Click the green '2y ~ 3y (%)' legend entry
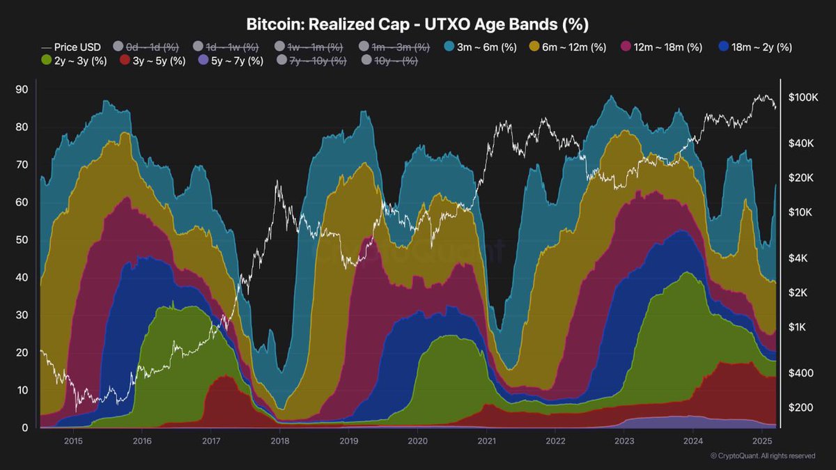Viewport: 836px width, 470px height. click(x=75, y=61)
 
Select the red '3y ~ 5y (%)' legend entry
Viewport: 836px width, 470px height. click(x=153, y=61)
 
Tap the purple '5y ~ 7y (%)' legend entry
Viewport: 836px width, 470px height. click(x=231, y=61)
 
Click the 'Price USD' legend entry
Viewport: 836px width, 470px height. click(x=71, y=47)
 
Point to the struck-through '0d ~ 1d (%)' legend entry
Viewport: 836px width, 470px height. click(x=147, y=47)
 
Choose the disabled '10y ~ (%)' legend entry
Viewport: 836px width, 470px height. click(x=391, y=61)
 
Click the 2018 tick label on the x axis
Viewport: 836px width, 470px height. click(x=279, y=441)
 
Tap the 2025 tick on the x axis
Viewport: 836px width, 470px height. click(x=762, y=441)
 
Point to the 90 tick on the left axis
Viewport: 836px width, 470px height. click(x=21, y=90)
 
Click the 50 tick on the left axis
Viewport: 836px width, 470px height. click(x=21, y=240)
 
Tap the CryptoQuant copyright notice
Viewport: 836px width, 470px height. click(x=762, y=456)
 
